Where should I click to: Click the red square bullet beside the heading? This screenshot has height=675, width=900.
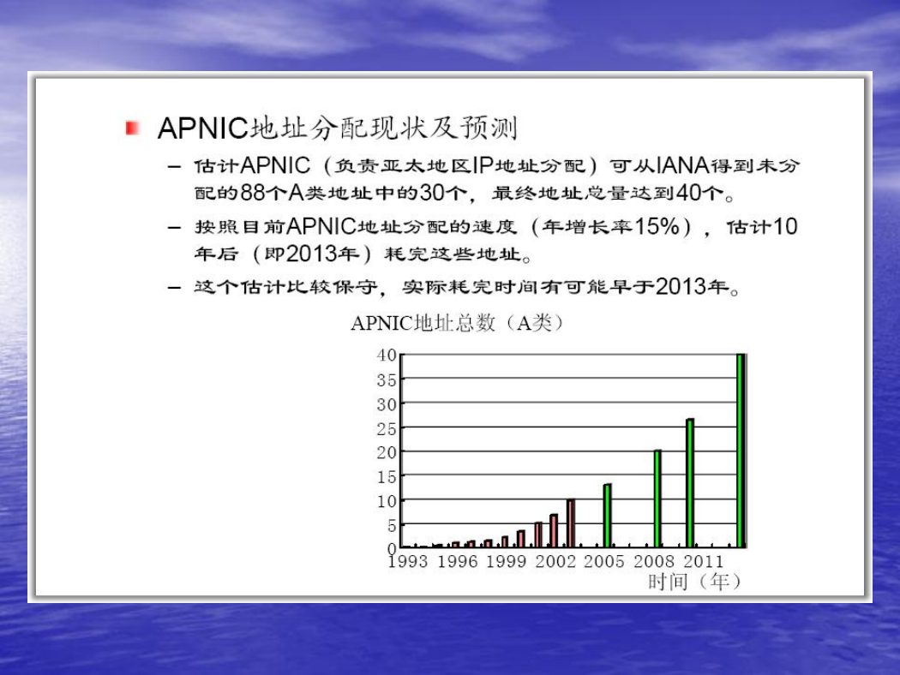(x=133, y=128)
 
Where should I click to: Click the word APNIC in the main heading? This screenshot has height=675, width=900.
(x=203, y=128)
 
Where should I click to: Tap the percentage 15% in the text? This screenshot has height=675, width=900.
(x=657, y=226)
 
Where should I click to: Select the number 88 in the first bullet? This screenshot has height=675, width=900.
(x=252, y=193)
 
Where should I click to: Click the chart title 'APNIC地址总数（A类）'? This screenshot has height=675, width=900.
(x=457, y=323)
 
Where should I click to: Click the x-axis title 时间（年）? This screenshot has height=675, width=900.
(x=694, y=582)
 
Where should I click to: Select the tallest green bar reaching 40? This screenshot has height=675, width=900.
(x=741, y=451)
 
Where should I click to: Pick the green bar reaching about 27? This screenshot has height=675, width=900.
(x=690, y=483)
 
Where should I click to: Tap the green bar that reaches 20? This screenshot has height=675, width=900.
(x=657, y=499)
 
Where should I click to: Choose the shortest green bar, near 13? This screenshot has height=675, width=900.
(x=607, y=516)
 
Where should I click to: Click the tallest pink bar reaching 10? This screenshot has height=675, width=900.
(x=571, y=523)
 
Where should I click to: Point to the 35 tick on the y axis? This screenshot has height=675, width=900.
(x=387, y=379)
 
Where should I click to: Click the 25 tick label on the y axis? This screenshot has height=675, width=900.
(x=387, y=428)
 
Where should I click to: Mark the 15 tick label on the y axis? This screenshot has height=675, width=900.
(x=387, y=476)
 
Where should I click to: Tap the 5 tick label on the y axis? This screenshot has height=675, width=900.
(x=392, y=525)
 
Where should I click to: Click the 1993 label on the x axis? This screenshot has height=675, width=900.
(x=408, y=561)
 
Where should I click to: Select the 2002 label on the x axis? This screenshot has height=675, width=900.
(x=555, y=561)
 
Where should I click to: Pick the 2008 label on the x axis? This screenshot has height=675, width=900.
(x=654, y=561)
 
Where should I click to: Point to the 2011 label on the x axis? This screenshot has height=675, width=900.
(x=704, y=561)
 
